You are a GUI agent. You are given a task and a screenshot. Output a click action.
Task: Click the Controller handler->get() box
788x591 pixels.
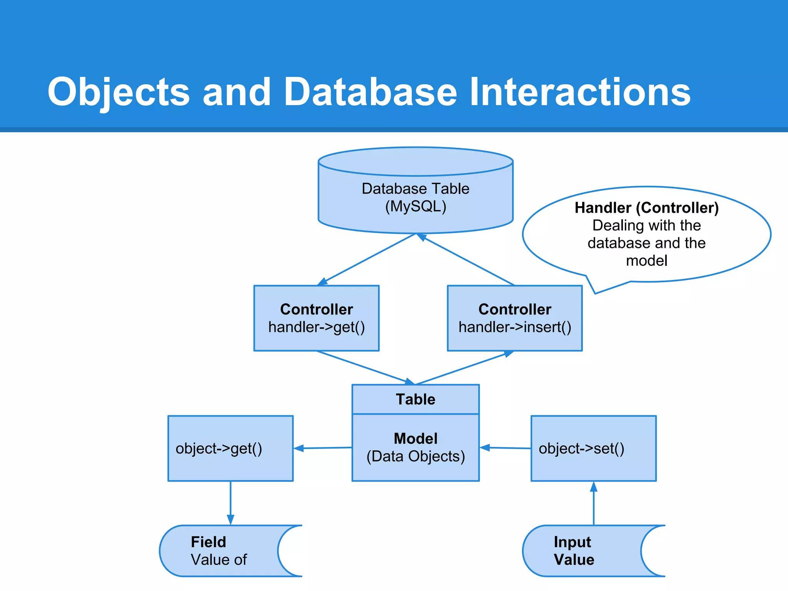tap(316, 318)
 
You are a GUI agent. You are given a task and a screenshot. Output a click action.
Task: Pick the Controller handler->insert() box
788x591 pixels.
tap(514, 318)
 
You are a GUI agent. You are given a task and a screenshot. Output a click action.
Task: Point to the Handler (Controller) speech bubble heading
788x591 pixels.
tap(646, 208)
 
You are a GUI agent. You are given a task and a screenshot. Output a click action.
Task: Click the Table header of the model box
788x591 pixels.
tap(416, 399)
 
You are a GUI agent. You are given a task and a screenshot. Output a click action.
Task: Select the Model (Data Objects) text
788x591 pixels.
tap(416, 447)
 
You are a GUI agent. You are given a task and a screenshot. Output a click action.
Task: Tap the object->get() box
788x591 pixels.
tap(230, 448)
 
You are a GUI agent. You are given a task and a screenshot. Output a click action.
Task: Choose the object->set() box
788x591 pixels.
tap(593, 448)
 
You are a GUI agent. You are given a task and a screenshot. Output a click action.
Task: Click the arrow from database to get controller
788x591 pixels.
tap(367, 259)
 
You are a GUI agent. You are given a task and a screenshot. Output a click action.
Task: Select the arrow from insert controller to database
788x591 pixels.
tap(467, 260)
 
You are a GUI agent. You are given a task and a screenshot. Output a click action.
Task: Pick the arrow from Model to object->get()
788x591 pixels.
tap(323, 448)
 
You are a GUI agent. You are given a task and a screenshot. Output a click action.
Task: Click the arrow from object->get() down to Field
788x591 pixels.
tap(230, 502)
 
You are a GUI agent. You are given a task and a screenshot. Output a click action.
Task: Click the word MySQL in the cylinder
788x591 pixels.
tap(416, 207)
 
